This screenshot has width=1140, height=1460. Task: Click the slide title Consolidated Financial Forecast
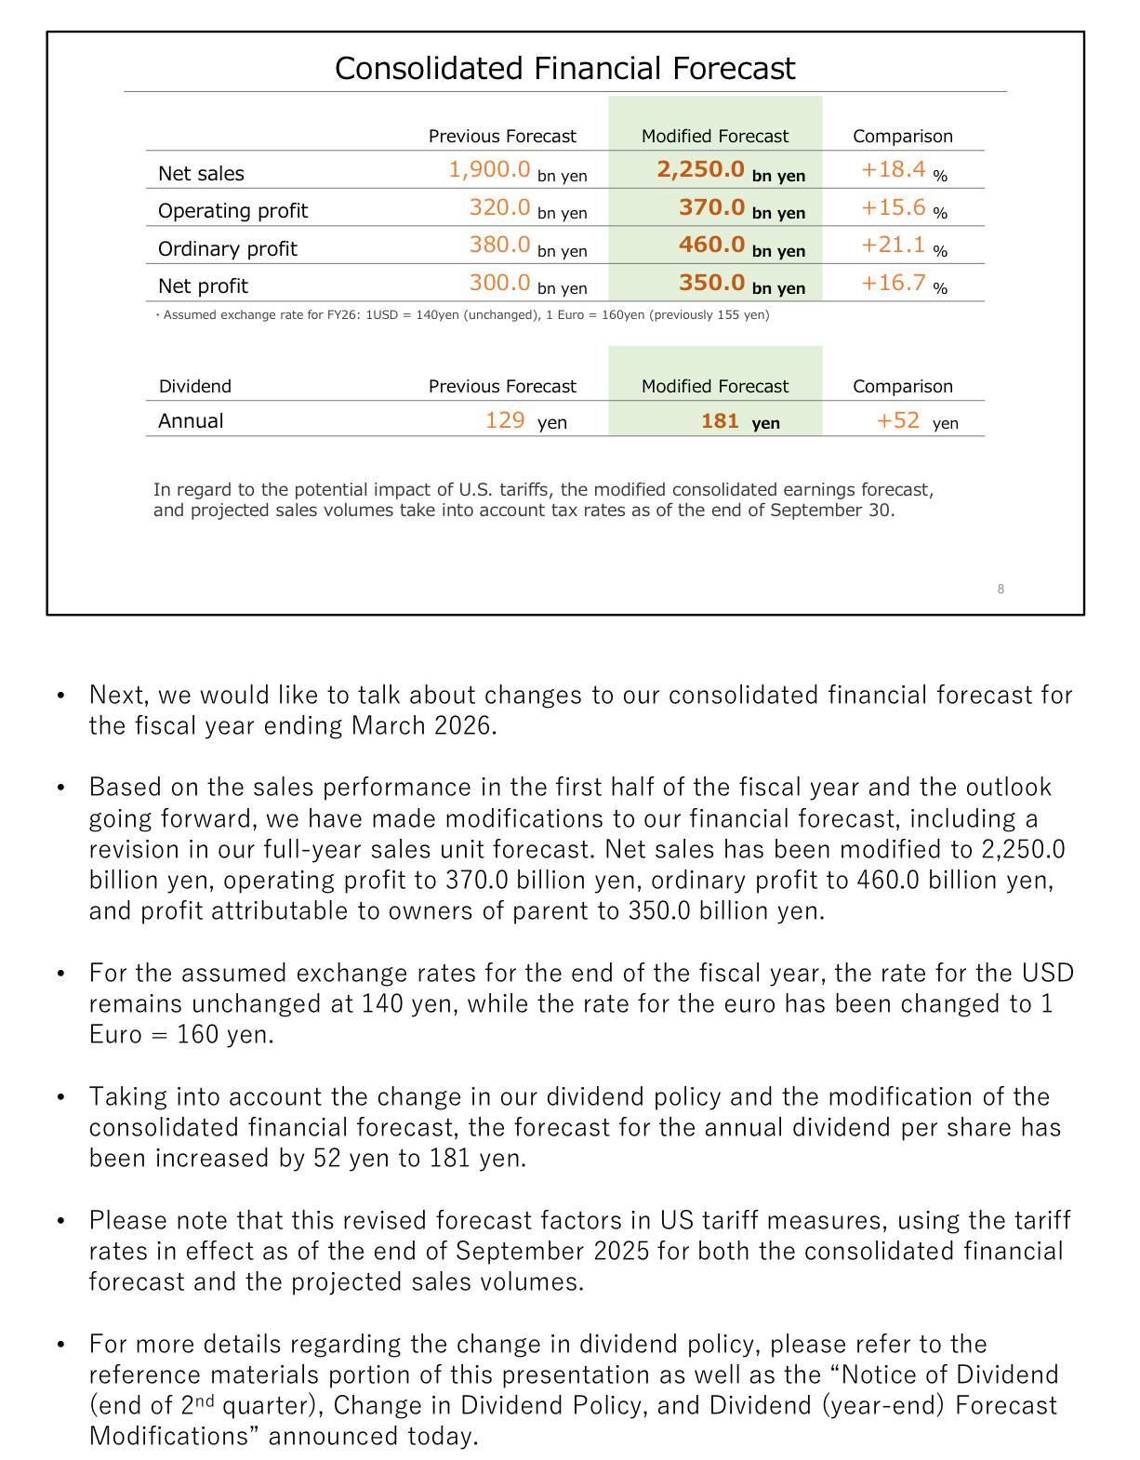(564, 68)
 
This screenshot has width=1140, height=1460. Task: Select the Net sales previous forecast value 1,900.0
(489, 169)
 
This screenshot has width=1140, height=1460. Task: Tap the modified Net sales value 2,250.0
(700, 169)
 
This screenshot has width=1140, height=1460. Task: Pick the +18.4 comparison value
(893, 169)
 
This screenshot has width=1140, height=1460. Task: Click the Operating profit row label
(232, 211)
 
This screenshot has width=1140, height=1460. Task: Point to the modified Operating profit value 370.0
(711, 207)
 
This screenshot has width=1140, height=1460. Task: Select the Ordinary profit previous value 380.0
(499, 245)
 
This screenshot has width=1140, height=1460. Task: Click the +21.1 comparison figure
(893, 245)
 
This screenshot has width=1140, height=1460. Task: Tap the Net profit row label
(203, 286)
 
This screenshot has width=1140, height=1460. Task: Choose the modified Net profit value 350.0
(711, 283)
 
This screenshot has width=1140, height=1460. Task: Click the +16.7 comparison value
(893, 283)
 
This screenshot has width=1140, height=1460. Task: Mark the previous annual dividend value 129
(505, 420)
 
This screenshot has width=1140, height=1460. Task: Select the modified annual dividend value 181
(720, 421)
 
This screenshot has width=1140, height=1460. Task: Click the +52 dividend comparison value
(898, 420)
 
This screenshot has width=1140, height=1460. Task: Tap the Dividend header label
(195, 387)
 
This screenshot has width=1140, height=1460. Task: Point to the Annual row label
(191, 421)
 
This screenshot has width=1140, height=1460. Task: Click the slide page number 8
(1001, 589)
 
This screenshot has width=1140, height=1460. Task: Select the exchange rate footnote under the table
(462, 315)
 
